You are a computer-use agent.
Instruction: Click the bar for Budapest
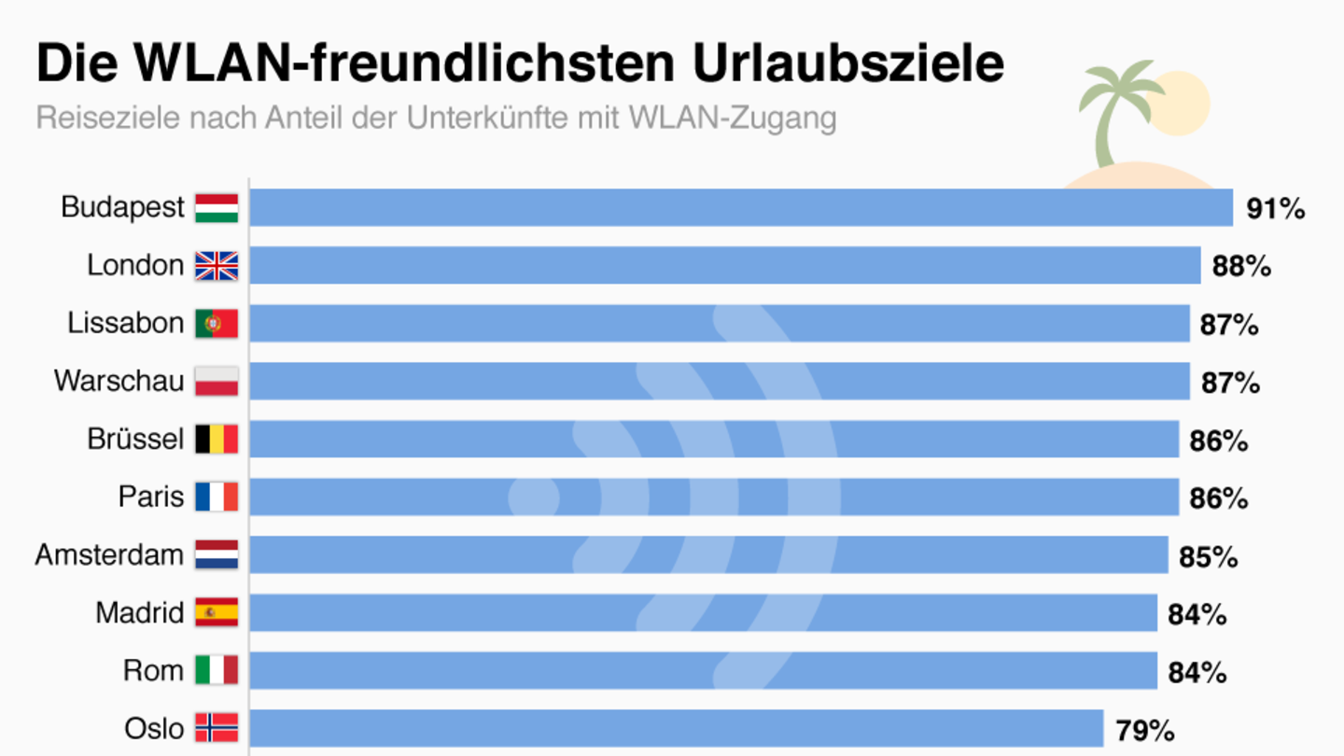[x=741, y=207]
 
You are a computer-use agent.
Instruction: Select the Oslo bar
[x=677, y=728]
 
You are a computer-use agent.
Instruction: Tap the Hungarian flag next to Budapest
[x=217, y=207]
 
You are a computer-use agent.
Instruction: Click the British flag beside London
[x=217, y=266]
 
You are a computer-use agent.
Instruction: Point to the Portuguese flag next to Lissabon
[x=217, y=324]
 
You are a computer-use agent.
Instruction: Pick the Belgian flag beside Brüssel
[x=217, y=440]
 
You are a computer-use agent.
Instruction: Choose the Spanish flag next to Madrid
[x=217, y=613]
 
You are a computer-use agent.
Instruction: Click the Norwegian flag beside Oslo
[x=217, y=728]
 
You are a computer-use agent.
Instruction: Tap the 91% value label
[x=1275, y=209]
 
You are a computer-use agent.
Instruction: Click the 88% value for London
[x=1241, y=267]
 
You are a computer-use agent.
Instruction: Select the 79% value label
[x=1145, y=730]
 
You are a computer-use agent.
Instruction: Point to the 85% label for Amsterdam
[x=1208, y=557]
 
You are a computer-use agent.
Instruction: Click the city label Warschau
[x=119, y=382]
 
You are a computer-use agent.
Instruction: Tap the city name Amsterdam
[x=109, y=555]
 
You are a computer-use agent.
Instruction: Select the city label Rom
[x=153, y=671]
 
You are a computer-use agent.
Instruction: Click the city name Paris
[x=151, y=497]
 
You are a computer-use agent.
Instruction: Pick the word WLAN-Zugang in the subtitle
[x=733, y=119]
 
